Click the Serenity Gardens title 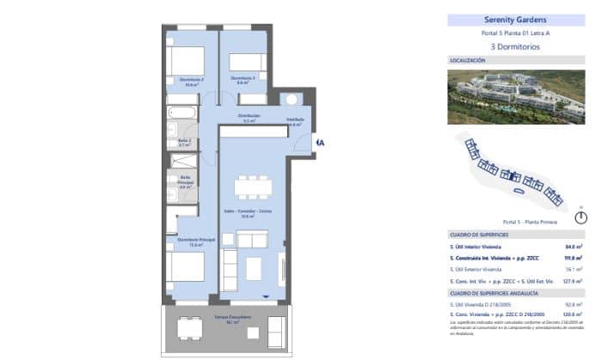pyautogui.click(x=515, y=20)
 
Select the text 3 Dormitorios pyautogui.click(x=515, y=46)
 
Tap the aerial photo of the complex pyautogui.click(x=515, y=95)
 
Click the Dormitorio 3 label pyautogui.click(x=243, y=78)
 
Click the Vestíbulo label pyautogui.click(x=295, y=120)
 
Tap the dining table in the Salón pyautogui.click(x=253, y=186)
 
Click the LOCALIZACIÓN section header pyautogui.click(x=469, y=61)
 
